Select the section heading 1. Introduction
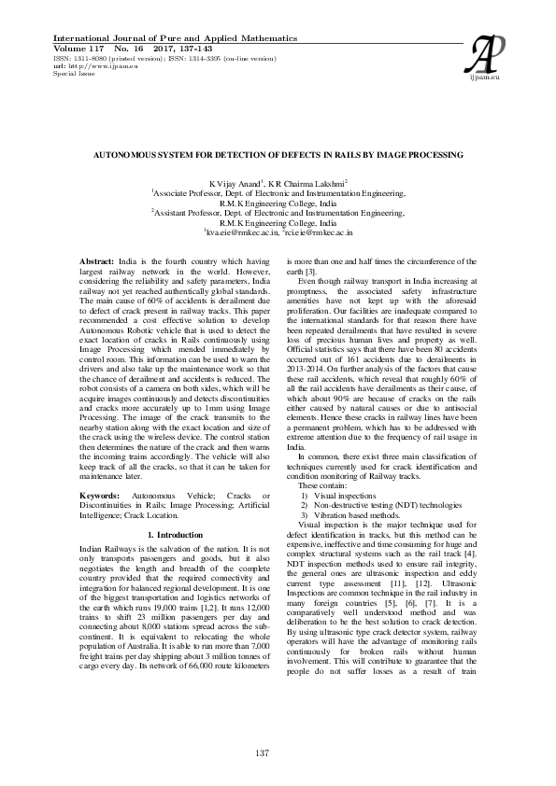pos(175,534)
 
